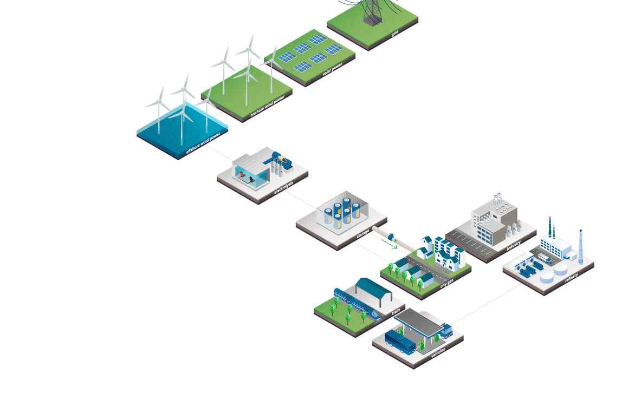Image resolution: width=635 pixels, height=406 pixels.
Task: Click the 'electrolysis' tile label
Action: click(283, 190)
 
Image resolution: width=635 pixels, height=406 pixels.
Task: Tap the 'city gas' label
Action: click(447, 284)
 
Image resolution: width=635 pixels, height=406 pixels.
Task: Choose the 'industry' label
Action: click(513, 246)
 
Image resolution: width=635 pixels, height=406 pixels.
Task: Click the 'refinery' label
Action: click(571, 278)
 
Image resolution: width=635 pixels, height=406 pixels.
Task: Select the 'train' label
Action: click(396, 312)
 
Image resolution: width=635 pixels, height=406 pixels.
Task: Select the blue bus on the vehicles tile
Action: click(400, 341)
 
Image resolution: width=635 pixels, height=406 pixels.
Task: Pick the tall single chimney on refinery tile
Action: click(581, 246)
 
